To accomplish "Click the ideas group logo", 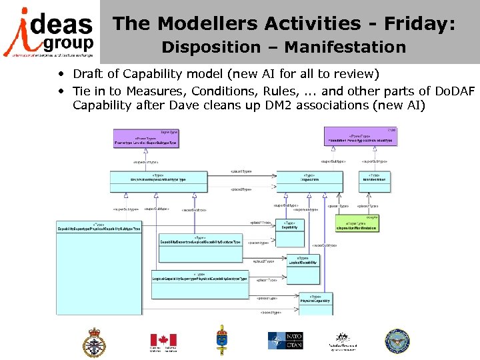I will tap(49, 32).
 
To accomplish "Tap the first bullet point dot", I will tap(61, 74).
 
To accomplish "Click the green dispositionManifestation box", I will tap(361, 226).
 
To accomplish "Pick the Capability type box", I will tap(289, 226).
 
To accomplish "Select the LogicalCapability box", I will tap(303, 261).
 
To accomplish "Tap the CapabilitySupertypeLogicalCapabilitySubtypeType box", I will tap(200, 241).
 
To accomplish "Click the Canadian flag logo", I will tap(163, 341).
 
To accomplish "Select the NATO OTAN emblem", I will tap(285, 341).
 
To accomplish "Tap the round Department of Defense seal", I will tap(398, 341).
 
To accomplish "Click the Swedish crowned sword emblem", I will tap(221, 340).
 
